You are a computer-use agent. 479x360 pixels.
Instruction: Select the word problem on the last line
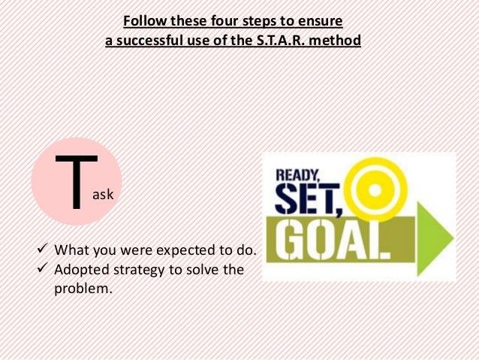tap(83, 287)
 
